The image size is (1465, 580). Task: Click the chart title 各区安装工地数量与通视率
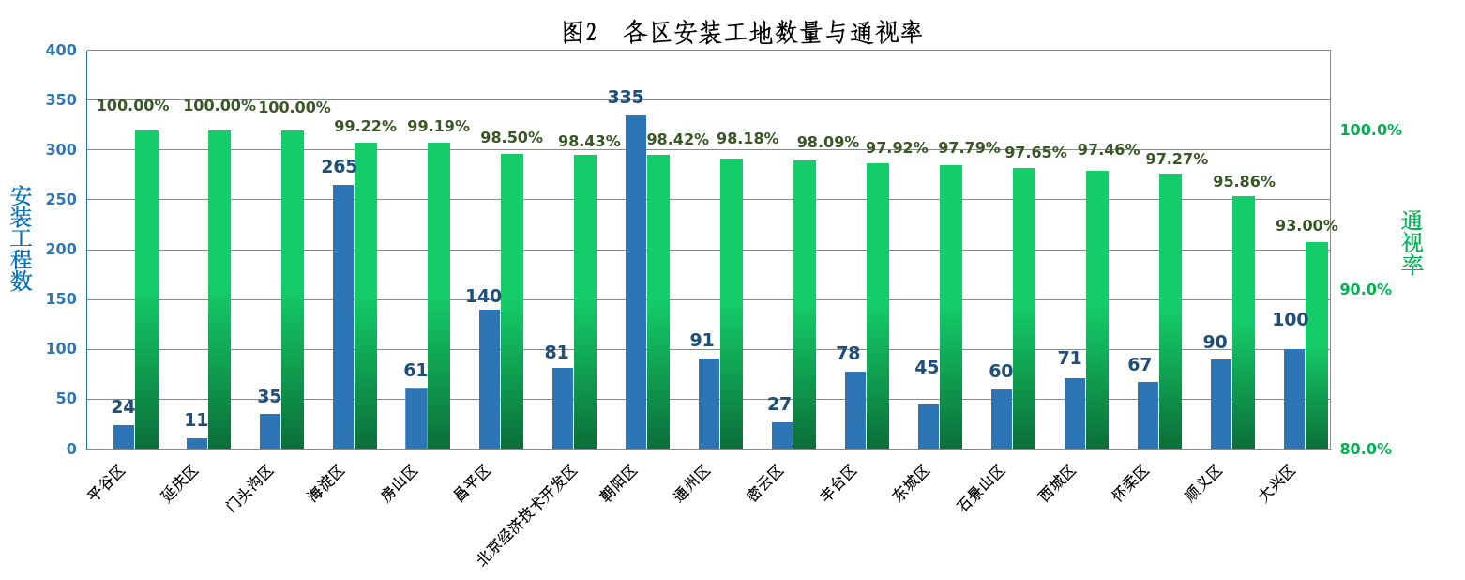pyautogui.click(x=742, y=33)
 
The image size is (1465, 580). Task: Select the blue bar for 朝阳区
pyautogui.click(x=635, y=282)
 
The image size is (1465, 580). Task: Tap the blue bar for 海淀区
pyautogui.click(x=343, y=316)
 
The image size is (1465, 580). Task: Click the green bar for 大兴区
pyautogui.click(x=1317, y=345)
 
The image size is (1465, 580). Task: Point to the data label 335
pyautogui.click(x=626, y=98)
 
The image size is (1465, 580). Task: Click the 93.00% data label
pyautogui.click(x=1306, y=226)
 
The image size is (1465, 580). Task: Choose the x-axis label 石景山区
pyautogui.click(x=982, y=487)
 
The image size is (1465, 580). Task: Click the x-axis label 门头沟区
pyautogui.click(x=250, y=487)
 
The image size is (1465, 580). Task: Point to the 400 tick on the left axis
pyautogui.click(x=62, y=51)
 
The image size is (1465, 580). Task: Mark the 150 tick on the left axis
pyautogui.click(x=62, y=299)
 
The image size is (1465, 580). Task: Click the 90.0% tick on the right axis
pyautogui.click(x=1365, y=290)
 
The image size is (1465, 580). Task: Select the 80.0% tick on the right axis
pyautogui.click(x=1365, y=450)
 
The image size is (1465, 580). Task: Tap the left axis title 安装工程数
pyautogui.click(x=21, y=238)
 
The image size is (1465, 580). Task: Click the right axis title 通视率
pyautogui.click(x=1412, y=242)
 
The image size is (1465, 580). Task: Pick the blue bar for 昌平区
pyautogui.click(x=490, y=379)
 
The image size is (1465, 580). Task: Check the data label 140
pyautogui.click(x=483, y=297)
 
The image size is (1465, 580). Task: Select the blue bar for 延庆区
pyautogui.click(x=197, y=443)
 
